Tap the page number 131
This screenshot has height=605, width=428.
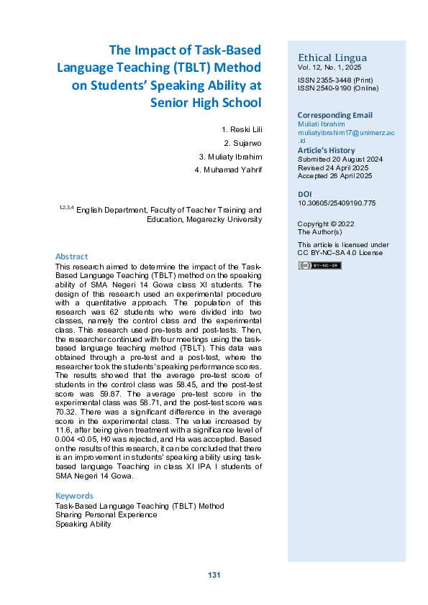(x=214, y=575)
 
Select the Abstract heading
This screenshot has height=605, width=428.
(x=72, y=257)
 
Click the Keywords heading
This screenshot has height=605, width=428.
(x=74, y=496)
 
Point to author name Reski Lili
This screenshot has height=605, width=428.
(x=242, y=129)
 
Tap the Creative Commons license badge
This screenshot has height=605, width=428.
(x=319, y=266)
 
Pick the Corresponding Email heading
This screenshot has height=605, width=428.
(x=334, y=115)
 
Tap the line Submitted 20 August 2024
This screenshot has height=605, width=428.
(x=341, y=159)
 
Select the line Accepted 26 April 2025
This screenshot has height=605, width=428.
(x=334, y=176)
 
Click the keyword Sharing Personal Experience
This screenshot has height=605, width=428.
(x=106, y=515)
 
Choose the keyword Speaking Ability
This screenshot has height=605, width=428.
(x=83, y=524)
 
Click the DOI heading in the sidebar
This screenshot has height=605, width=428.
(x=304, y=194)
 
